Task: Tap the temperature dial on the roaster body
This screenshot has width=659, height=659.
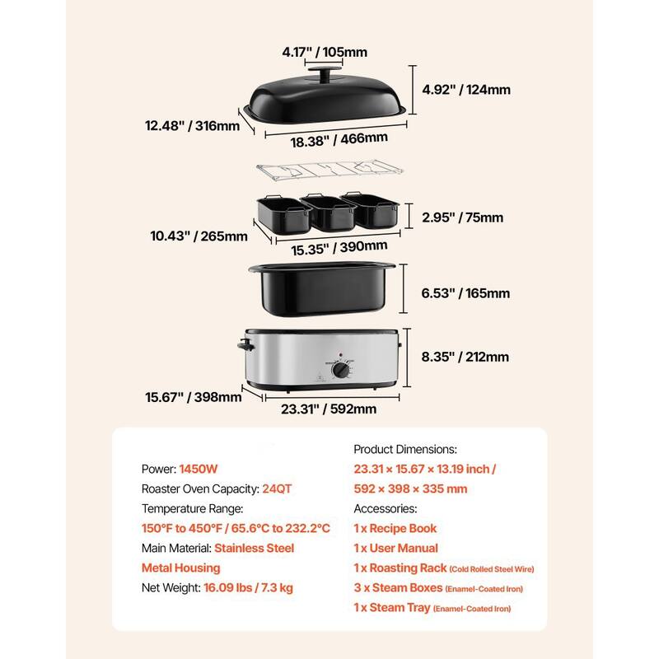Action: click(x=340, y=371)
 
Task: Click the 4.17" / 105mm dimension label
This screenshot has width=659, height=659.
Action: click(x=325, y=52)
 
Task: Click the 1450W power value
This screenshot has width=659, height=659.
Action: click(x=200, y=468)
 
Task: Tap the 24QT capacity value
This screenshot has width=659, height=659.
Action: click(x=276, y=488)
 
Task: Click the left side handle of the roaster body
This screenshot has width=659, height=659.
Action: click(x=242, y=346)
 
